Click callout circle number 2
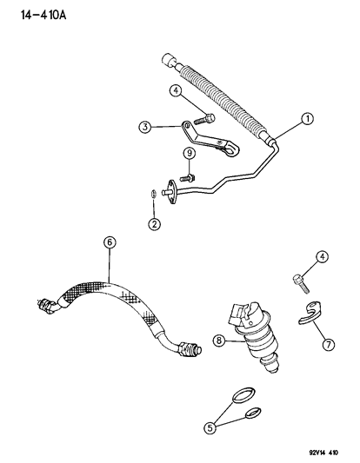[x=154, y=225]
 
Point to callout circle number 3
[x=147, y=128]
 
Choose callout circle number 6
[x=109, y=244]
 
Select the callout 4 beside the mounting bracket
[x=176, y=89]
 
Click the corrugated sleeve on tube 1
[x=217, y=96]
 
